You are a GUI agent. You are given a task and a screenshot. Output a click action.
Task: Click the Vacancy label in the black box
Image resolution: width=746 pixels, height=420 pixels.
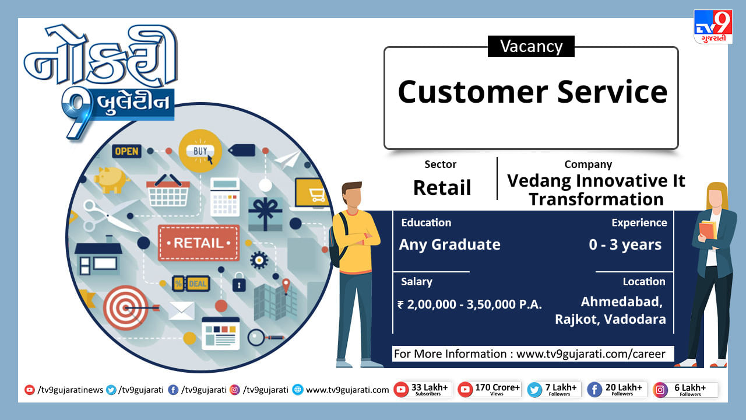(x=531, y=46)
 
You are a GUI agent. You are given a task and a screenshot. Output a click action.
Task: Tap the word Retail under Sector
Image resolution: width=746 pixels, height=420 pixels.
(x=442, y=188)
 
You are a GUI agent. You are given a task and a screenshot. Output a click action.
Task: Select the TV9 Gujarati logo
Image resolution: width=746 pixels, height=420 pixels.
(x=713, y=27)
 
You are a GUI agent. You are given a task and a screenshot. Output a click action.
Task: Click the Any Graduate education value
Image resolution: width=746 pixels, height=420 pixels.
(x=449, y=244)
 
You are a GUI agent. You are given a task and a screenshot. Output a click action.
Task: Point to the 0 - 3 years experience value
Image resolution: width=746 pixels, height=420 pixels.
(x=625, y=244)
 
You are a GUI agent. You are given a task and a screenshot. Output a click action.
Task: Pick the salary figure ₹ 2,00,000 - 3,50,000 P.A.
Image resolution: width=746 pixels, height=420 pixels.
(x=470, y=304)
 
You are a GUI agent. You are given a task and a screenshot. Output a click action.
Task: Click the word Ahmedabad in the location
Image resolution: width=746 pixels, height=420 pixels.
(x=622, y=302)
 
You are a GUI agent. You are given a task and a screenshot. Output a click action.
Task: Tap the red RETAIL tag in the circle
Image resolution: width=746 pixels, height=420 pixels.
(x=199, y=243)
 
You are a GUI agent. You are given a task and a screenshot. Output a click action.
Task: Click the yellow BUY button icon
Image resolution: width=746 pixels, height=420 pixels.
(x=200, y=150)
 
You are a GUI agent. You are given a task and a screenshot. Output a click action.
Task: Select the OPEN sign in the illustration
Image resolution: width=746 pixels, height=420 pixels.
(x=126, y=151)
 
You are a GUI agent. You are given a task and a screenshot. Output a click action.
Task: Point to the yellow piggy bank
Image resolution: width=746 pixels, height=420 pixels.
(x=112, y=180)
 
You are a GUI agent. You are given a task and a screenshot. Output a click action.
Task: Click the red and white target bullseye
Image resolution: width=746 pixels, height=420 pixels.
(x=125, y=307)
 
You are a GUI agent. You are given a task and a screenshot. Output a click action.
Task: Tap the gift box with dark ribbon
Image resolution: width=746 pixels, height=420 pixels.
(x=265, y=214)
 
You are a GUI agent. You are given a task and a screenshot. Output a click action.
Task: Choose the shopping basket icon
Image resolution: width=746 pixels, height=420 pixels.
(x=168, y=190)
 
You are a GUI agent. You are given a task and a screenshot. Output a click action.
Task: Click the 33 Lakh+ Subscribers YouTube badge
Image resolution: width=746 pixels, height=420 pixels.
(x=423, y=389)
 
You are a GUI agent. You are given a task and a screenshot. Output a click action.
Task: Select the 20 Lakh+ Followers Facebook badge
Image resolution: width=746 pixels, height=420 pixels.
(x=617, y=389)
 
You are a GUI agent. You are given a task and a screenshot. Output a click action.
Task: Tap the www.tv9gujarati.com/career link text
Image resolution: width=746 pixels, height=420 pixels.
(x=591, y=354)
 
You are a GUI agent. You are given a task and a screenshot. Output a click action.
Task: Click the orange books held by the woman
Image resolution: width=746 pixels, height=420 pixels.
(x=708, y=230)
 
